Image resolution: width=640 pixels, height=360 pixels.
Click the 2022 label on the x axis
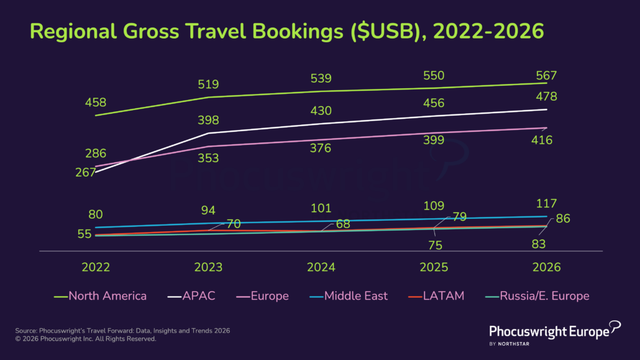click(x=96, y=267)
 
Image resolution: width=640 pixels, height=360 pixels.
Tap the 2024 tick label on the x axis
click(x=321, y=267)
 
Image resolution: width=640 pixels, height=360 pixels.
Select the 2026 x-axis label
click(x=547, y=267)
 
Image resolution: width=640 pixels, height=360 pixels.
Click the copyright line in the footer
click(x=86, y=339)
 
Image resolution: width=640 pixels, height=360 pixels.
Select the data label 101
click(x=321, y=208)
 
